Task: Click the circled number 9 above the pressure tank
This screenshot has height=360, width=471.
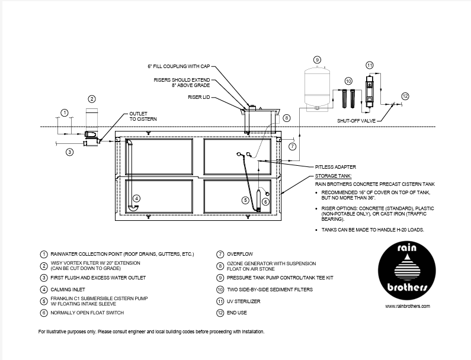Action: click(x=317, y=60)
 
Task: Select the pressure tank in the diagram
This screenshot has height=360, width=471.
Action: click(x=316, y=88)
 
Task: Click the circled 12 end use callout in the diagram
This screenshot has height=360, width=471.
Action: click(x=405, y=96)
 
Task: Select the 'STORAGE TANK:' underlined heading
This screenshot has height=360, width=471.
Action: click(x=333, y=176)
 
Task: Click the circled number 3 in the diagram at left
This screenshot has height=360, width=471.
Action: click(x=69, y=152)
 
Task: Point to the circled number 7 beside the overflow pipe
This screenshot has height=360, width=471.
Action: click(x=292, y=146)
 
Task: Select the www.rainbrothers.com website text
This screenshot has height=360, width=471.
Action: click(x=407, y=306)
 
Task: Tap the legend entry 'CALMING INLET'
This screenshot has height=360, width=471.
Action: click(x=69, y=290)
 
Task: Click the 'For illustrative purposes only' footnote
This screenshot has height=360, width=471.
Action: click(x=151, y=332)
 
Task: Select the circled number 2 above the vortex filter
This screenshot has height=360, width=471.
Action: click(x=91, y=99)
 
